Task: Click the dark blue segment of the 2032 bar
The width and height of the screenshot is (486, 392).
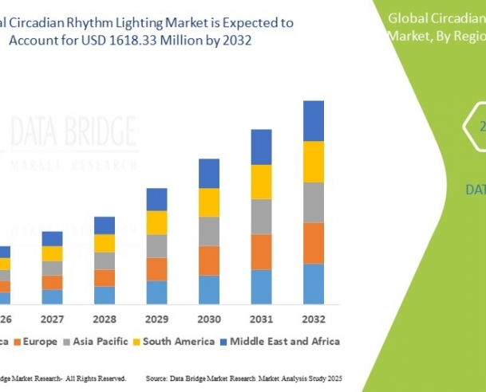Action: coord(314,120)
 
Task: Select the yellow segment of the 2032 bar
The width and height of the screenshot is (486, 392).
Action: coord(314,161)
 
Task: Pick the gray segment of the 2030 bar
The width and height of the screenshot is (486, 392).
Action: coord(209,231)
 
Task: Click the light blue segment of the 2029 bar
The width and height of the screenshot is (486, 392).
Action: coord(157,292)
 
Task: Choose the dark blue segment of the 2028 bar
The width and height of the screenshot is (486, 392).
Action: coord(105,225)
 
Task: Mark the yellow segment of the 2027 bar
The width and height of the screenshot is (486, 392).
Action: coord(53,253)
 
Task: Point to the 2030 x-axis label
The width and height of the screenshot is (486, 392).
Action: coord(209,318)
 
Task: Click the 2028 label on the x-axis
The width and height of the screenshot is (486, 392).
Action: coord(105,318)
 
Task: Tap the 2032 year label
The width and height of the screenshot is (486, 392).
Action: coord(314,318)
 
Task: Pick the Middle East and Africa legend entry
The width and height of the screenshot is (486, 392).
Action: coord(284,341)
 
